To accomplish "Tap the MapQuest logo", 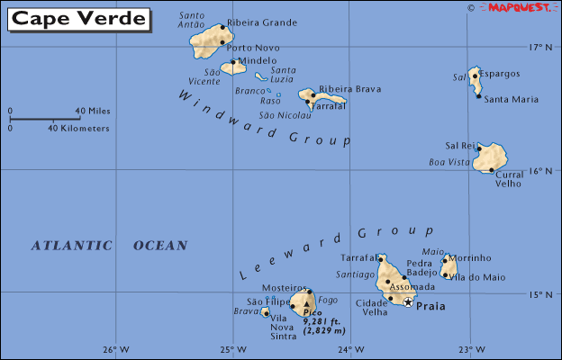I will pyautogui.click(x=520, y=7).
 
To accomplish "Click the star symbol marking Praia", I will pyautogui.click(x=408, y=302).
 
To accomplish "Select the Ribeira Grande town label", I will pyautogui.click(x=262, y=22).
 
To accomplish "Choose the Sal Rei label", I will pyautogui.click(x=460, y=145).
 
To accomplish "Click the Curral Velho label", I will pyautogui.click(x=509, y=177).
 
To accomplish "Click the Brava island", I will pyautogui.click(x=265, y=311).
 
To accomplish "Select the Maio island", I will pyautogui.click(x=448, y=266).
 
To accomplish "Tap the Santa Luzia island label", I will pyautogui.click(x=284, y=75).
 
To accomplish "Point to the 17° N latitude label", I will pyautogui.click(x=539, y=47).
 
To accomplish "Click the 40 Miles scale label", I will pyautogui.click(x=93, y=111).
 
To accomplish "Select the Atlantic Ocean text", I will pyautogui.click(x=109, y=245).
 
